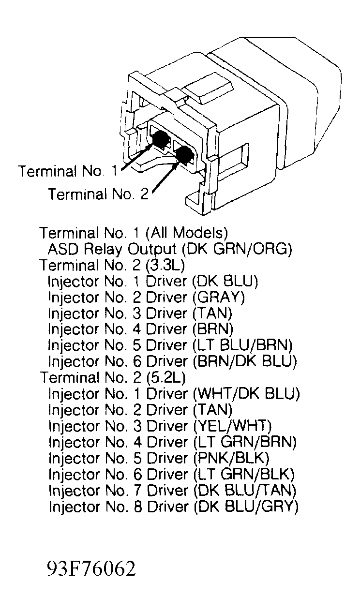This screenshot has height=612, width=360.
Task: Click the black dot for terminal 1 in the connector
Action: (159, 138)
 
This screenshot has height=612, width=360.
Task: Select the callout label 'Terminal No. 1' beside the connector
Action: (68, 171)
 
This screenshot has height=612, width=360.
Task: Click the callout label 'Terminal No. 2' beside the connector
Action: (98, 194)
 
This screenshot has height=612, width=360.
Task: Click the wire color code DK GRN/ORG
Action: (237, 249)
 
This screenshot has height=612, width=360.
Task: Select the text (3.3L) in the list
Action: (165, 265)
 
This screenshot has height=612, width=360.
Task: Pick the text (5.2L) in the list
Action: (166, 377)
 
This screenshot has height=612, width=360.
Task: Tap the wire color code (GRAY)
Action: (219, 298)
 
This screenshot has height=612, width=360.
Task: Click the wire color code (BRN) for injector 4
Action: (213, 329)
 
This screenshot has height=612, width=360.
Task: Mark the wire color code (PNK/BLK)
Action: (231, 458)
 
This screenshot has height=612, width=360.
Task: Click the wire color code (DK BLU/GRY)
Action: (246, 507)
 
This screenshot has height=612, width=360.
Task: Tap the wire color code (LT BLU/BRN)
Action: (243, 345)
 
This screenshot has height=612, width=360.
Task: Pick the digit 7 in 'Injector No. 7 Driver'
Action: (138, 491)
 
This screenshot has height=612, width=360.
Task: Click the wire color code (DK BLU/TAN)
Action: (245, 491)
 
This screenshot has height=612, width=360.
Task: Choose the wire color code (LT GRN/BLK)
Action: (244, 474)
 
